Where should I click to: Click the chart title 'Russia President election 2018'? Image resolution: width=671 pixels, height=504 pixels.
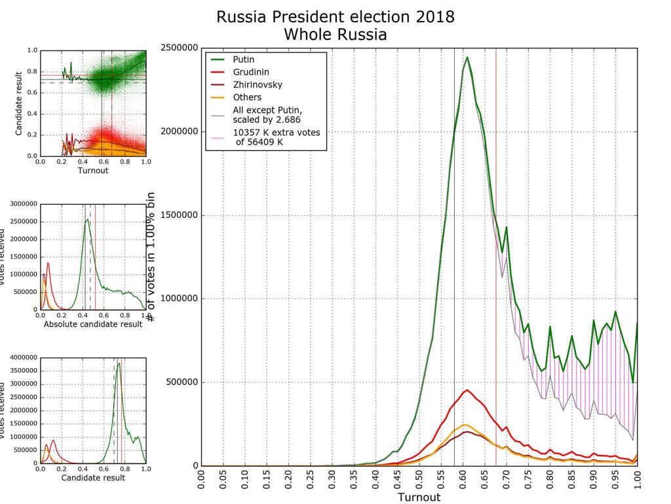click(335, 16)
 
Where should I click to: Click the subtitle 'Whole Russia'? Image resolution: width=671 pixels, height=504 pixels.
click(335, 34)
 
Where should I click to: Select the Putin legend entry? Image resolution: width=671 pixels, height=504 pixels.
click(243, 60)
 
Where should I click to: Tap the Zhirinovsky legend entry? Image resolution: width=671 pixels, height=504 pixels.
click(256, 85)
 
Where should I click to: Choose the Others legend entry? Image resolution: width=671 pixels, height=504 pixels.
click(246, 97)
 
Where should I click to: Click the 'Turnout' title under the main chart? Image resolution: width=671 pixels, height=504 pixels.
click(419, 497)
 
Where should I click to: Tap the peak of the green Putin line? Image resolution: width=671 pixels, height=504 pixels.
click(467, 57)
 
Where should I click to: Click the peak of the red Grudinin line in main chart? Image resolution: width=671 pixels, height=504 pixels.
click(467, 390)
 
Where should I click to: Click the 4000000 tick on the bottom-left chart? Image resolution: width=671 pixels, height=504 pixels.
click(20, 358)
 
